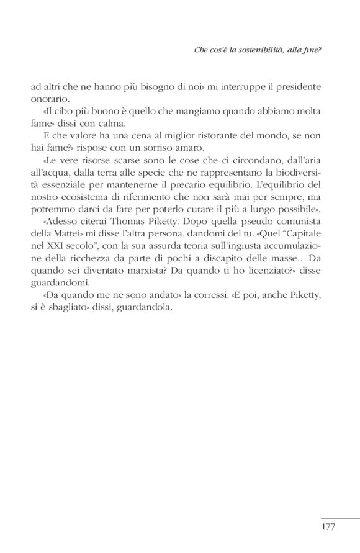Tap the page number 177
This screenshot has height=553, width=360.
(328, 526)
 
